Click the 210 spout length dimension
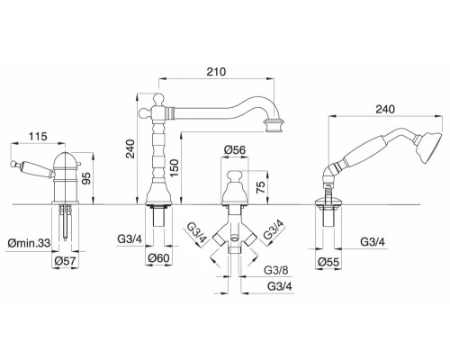[216, 72]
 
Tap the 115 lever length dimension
[38, 137]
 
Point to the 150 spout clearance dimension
[174, 168]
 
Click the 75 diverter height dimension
[261, 186]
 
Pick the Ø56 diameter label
[235, 150]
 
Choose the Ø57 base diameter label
[65, 261]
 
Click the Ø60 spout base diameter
[159, 258]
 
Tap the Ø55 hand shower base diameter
[328, 262]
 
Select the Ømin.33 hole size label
[29, 243]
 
